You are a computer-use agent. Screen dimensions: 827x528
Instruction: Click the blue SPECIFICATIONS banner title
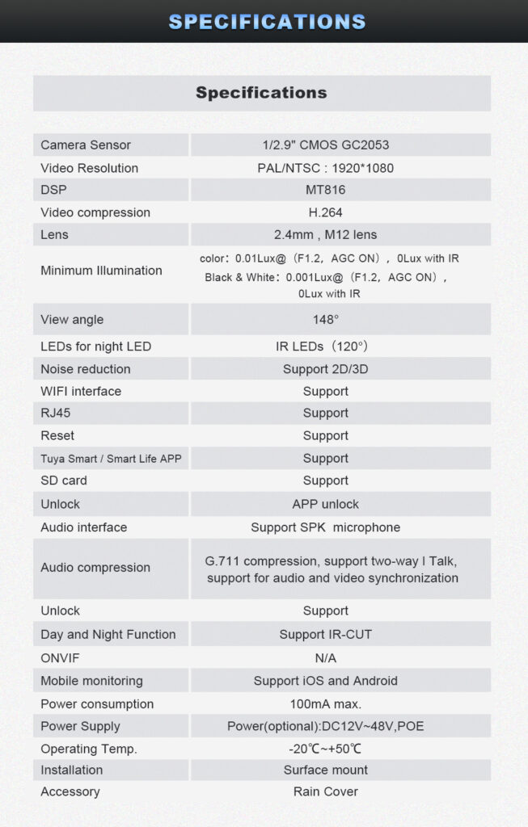(x=267, y=22)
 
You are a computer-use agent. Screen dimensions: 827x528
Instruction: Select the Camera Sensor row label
(x=86, y=145)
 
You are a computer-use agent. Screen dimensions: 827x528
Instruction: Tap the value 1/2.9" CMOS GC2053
(x=326, y=145)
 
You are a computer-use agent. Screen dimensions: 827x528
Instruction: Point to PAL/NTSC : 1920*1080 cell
(x=326, y=168)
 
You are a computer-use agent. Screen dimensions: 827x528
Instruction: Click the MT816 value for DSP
(x=326, y=190)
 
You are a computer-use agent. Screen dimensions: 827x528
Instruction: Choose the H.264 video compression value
(x=326, y=212)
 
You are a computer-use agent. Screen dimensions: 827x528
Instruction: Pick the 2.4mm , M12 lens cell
(x=326, y=235)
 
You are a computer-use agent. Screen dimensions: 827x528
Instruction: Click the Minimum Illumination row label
(x=101, y=271)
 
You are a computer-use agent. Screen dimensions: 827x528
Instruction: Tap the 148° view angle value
(x=326, y=320)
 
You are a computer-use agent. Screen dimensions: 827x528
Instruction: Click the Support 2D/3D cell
(x=326, y=369)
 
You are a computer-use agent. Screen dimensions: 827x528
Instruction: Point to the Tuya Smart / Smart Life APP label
(x=111, y=459)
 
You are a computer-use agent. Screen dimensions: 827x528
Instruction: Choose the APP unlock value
(x=326, y=504)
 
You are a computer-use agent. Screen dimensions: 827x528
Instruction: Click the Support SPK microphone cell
(x=326, y=527)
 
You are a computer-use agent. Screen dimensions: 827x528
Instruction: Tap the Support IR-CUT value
(x=326, y=635)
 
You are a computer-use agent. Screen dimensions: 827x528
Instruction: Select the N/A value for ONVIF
(x=326, y=658)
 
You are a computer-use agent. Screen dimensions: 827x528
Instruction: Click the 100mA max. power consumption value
(x=326, y=704)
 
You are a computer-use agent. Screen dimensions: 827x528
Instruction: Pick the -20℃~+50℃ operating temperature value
(x=326, y=749)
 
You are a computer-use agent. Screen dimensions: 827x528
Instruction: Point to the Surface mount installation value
(x=326, y=770)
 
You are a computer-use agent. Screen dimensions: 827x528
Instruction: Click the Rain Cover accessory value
(x=326, y=792)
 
